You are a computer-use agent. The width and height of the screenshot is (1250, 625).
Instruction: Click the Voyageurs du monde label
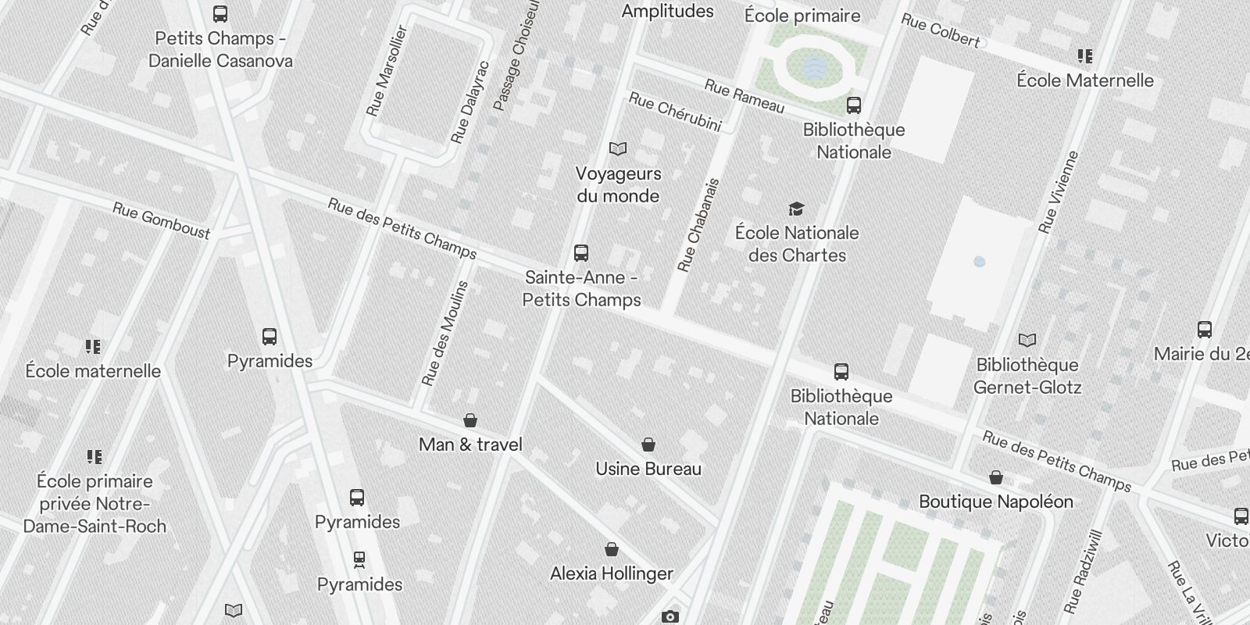click(618, 184)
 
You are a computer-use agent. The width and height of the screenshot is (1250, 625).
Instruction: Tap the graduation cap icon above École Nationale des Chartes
click(796, 209)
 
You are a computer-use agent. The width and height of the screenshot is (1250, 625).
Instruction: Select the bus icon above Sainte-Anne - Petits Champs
click(580, 252)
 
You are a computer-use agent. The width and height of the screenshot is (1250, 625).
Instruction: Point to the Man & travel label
click(470, 445)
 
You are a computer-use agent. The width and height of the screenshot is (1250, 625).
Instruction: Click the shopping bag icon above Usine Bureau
click(648, 445)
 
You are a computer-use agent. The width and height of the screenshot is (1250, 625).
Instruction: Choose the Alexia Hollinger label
click(611, 573)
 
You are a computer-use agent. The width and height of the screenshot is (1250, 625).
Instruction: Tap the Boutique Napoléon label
click(995, 502)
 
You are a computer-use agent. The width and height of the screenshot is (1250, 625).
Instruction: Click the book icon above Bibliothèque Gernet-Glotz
click(1027, 340)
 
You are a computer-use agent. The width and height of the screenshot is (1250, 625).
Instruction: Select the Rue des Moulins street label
click(445, 334)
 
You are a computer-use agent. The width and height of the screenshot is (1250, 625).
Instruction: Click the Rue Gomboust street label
click(161, 220)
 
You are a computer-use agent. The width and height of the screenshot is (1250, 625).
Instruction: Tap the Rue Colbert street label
click(941, 30)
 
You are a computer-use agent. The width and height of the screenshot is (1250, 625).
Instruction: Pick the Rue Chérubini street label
click(675, 112)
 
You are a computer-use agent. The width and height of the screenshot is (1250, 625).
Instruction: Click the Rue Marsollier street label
click(387, 71)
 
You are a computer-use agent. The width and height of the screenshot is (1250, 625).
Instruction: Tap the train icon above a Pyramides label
click(359, 559)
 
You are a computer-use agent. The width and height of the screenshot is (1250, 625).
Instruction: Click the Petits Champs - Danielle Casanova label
click(220, 49)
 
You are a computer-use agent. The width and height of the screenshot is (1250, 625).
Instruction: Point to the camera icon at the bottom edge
click(670, 616)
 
